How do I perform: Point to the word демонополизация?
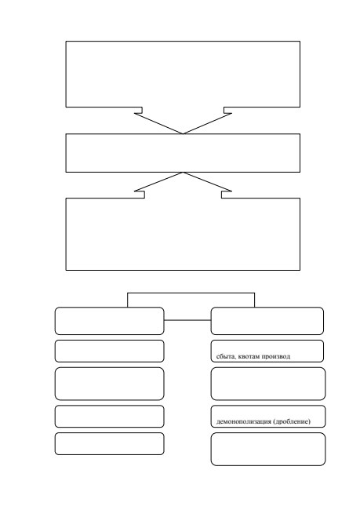point(244,421)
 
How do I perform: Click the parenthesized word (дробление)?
point(292,421)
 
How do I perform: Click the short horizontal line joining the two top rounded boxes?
point(187,320)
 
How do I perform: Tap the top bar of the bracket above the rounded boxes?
point(191,293)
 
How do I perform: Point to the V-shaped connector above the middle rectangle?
point(158,124)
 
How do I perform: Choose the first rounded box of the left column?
point(109,321)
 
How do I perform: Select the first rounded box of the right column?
point(267,321)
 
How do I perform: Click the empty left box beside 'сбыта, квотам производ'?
point(109,351)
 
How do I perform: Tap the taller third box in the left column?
point(109,384)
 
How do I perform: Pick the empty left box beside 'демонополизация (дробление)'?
point(109,417)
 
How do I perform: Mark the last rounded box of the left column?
point(109,443)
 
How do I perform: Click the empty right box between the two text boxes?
point(268,384)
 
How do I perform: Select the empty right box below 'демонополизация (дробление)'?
point(268,449)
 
